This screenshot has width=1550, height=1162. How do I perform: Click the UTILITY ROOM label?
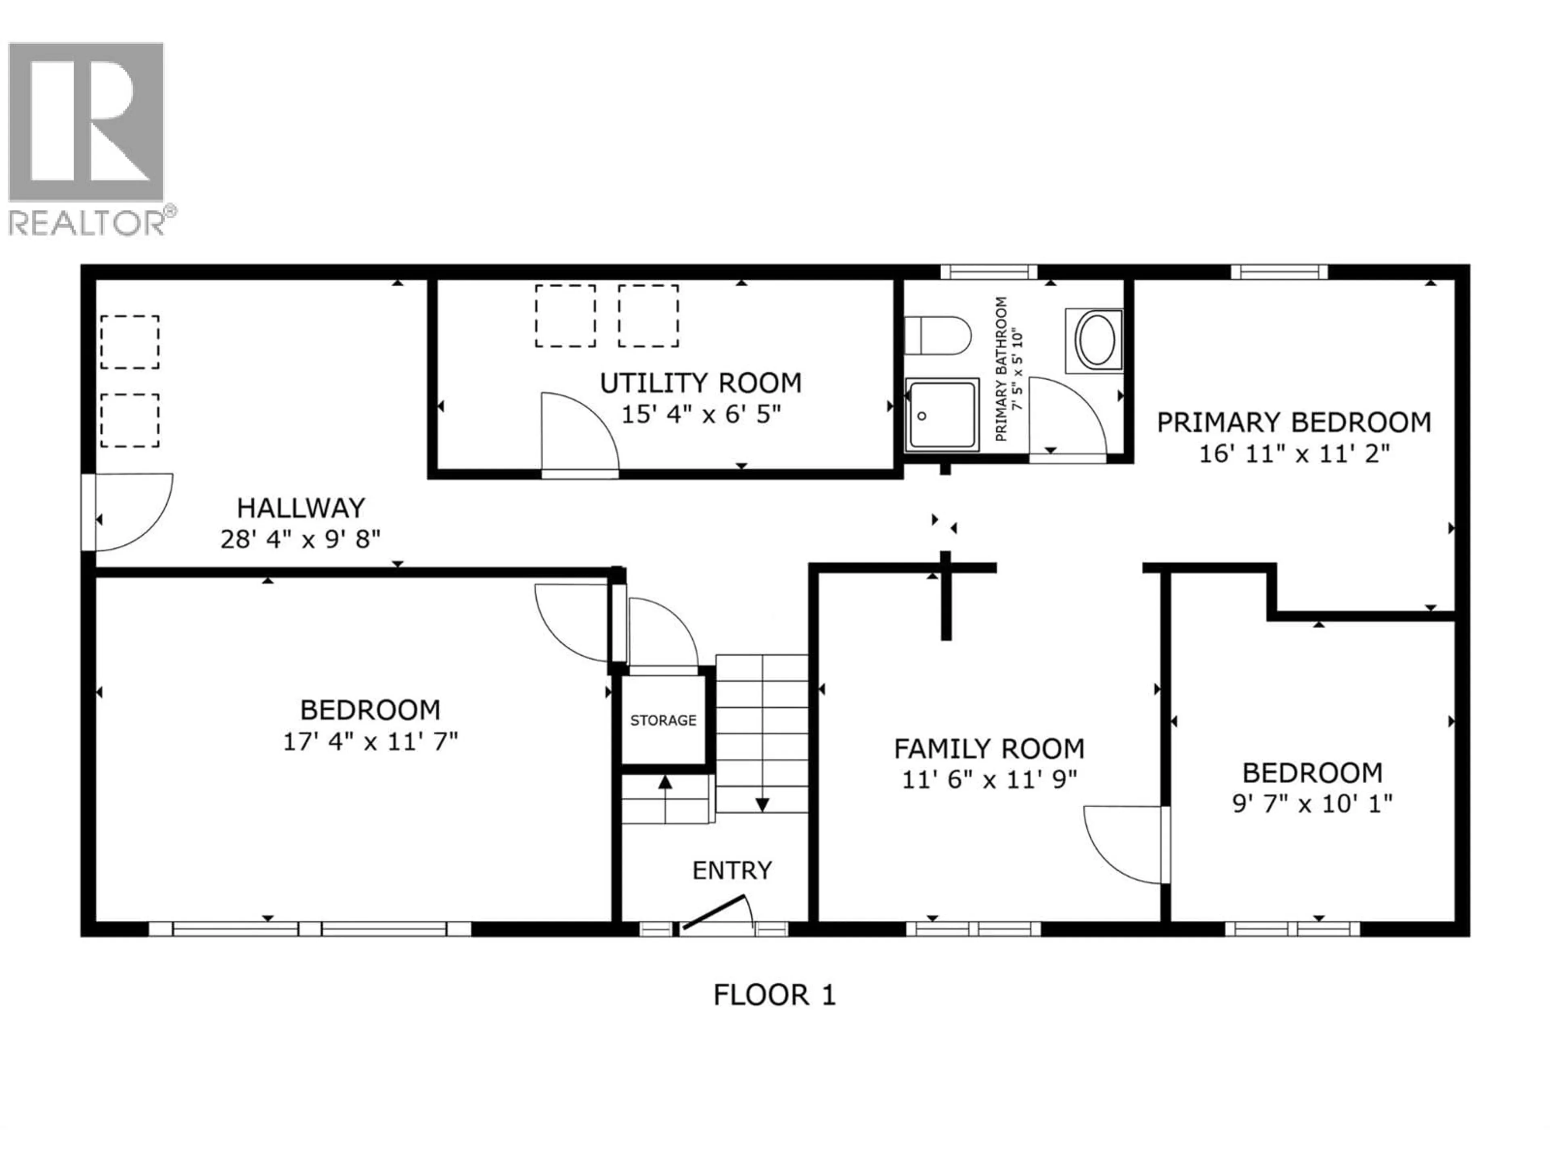pos(700,383)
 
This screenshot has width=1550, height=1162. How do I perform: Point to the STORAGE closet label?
pos(663,720)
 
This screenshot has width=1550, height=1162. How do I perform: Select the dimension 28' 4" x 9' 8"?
pos(301,539)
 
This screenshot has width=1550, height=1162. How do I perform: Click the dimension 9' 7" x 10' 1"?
pos(1312,803)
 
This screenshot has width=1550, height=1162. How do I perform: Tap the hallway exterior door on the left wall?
pos(126,511)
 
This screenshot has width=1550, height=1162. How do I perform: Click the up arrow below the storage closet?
pos(665,782)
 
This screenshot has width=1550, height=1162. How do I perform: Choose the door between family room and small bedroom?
pos(1125,844)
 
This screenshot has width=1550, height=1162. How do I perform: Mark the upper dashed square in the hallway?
pos(130,342)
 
